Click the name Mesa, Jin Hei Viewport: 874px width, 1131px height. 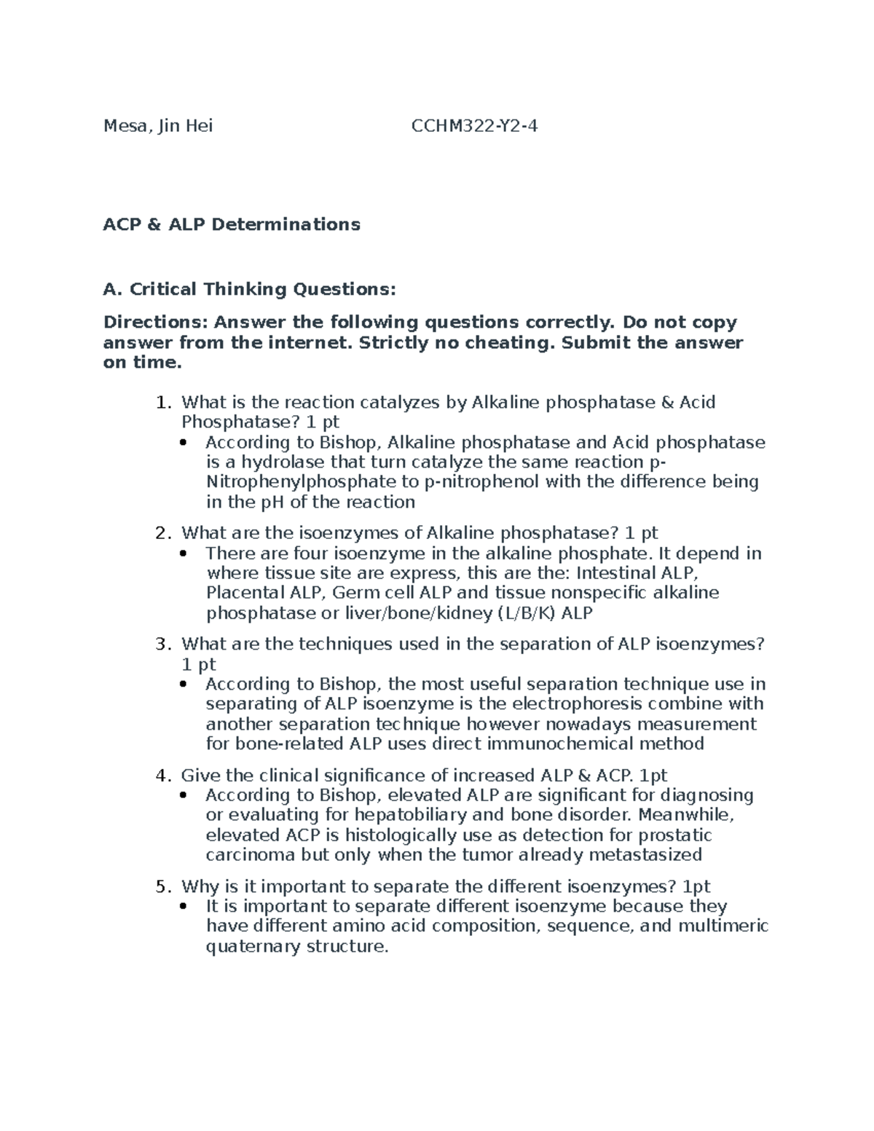point(158,127)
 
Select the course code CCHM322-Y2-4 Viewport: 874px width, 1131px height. point(474,127)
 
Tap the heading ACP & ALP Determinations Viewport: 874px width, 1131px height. point(232,224)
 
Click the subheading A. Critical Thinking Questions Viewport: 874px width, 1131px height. point(250,289)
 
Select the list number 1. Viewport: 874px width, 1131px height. point(164,403)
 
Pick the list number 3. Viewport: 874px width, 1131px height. point(163,645)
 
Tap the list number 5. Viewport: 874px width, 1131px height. point(163,887)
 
